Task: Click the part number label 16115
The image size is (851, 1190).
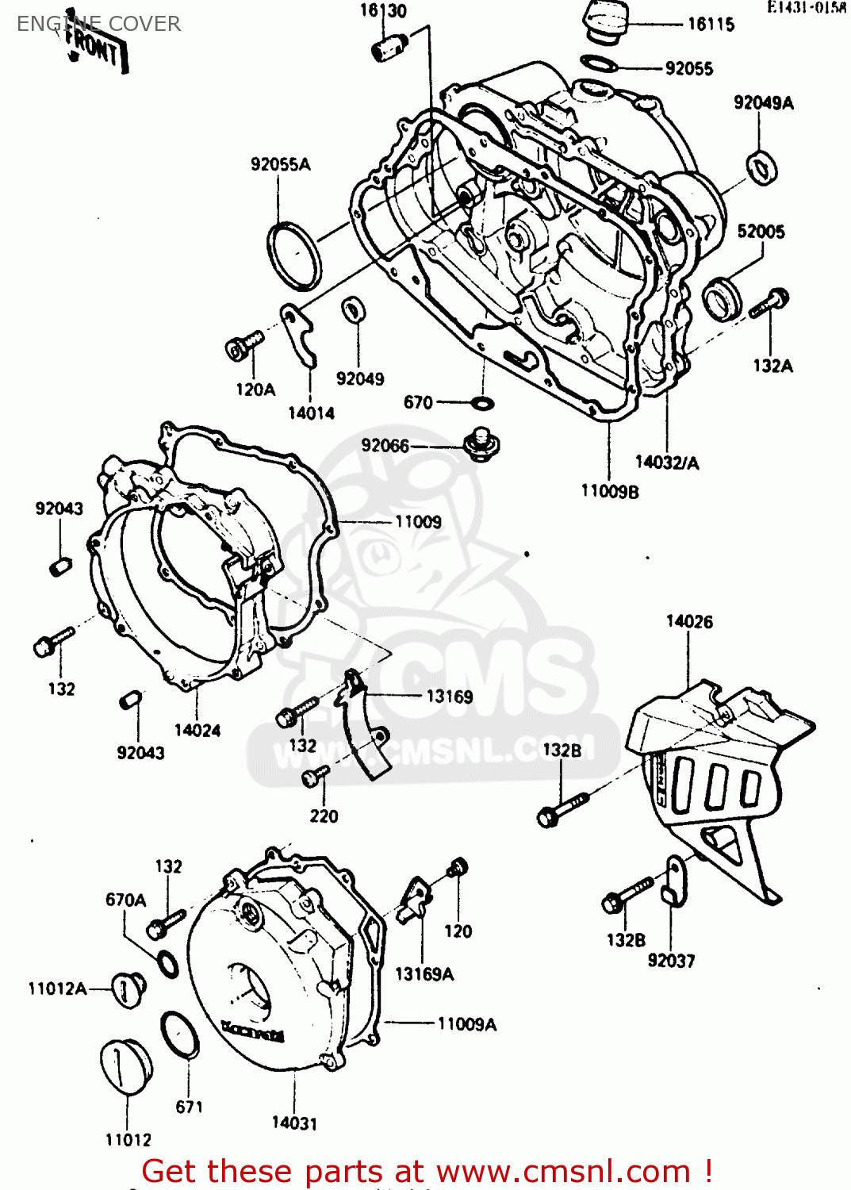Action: [x=711, y=25]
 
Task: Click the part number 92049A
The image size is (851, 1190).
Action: [x=763, y=102]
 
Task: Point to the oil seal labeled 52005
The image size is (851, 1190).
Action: [x=723, y=300]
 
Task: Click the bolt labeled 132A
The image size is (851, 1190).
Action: [x=769, y=303]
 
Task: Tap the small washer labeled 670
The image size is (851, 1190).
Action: [x=481, y=403]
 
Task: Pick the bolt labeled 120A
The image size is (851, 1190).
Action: [x=243, y=346]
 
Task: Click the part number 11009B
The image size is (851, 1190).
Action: [x=609, y=492]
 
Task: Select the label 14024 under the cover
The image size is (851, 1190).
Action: [x=197, y=731]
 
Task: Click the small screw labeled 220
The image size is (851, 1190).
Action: [x=315, y=777]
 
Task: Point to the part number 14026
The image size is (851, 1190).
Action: [x=688, y=622]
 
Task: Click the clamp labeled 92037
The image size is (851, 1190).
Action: [x=674, y=881]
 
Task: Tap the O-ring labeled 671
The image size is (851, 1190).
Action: [x=180, y=1035]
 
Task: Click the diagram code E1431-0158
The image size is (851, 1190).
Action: [x=806, y=8]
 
